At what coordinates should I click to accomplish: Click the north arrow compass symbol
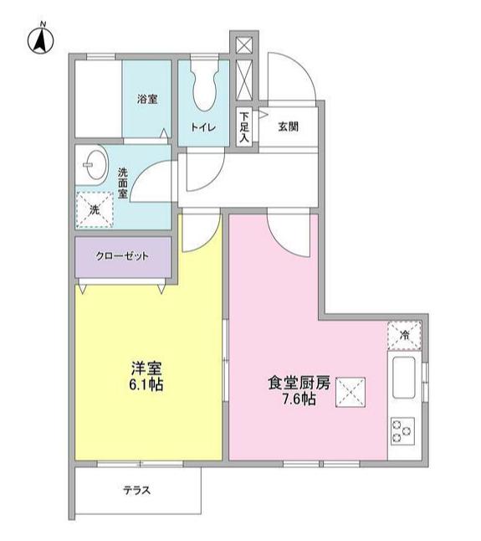point(41,39)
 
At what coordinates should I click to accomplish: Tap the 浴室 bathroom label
point(147,100)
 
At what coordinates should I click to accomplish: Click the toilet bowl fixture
point(205,86)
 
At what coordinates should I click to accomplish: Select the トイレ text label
point(203,127)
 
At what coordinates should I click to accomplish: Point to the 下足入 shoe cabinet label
point(244,127)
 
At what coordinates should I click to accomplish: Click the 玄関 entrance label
point(288,127)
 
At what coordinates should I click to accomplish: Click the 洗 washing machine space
point(95,209)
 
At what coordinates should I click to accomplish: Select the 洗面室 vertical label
point(123,183)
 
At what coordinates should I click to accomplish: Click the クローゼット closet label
point(122,256)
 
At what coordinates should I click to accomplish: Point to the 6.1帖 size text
point(146,384)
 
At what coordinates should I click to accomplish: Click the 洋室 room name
point(146,368)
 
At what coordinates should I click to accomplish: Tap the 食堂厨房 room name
point(299,383)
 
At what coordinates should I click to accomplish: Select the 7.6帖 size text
point(299,399)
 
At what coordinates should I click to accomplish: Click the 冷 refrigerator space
point(404,335)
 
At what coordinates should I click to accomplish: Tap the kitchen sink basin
point(404,378)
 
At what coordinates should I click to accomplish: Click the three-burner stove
point(402,431)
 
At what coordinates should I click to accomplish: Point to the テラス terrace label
point(137,490)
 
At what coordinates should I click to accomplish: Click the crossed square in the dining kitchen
point(351,392)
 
